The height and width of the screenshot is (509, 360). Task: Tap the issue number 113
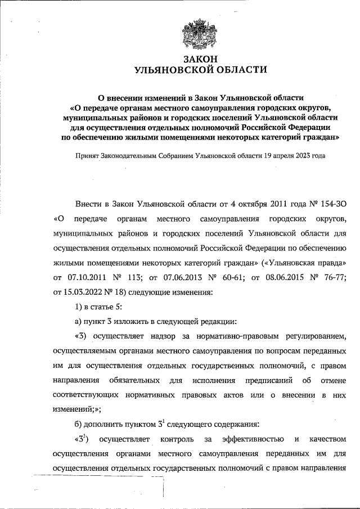(140, 277)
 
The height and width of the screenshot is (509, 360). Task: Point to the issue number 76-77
(341, 277)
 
